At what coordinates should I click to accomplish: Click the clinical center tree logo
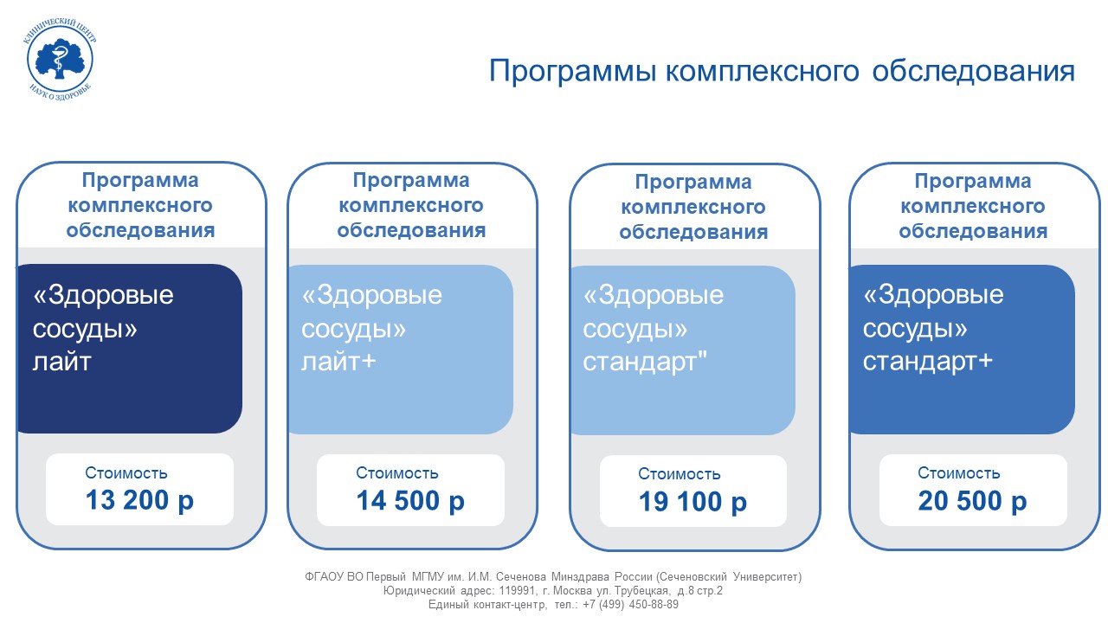60,61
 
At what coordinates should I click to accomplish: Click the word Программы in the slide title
573,72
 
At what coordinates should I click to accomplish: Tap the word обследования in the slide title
974,71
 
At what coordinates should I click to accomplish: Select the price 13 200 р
139,501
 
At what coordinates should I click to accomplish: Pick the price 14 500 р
410,501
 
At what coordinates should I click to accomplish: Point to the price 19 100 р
692,503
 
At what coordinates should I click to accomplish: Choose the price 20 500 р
972,501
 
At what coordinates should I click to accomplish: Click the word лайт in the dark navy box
61,362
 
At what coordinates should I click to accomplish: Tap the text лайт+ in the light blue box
338,362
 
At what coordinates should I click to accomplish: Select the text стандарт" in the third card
645,362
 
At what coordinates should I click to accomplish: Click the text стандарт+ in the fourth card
928,362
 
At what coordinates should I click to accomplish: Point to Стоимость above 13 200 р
126,473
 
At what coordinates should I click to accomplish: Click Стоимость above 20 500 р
958,473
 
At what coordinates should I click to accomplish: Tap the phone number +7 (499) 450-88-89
631,604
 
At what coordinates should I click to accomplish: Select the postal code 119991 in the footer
517,590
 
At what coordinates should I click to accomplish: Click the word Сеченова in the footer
521,576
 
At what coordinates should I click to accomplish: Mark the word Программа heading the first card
140,181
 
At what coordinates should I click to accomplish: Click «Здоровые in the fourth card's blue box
933,295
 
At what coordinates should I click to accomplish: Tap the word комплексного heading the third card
693,207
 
